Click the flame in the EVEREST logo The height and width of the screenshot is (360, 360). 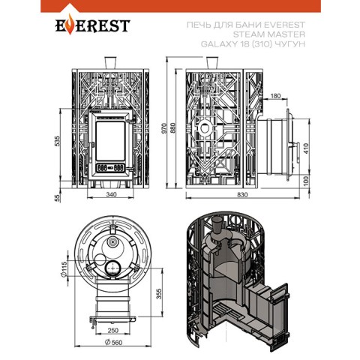[x=70, y=24]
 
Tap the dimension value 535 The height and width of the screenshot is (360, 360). [x=57, y=141]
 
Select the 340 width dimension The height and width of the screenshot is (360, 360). [x=111, y=194]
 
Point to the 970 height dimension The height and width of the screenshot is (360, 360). [x=163, y=128]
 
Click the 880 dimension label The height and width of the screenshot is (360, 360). [x=173, y=128]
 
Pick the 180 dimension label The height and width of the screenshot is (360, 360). [x=275, y=96]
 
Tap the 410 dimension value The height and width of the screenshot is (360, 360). [x=306, y=148]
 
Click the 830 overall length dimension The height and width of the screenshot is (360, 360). [x=242, y=195]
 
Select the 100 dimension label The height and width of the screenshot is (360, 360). [x=306, y=181]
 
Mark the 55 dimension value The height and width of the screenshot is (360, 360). [x=57, y=198]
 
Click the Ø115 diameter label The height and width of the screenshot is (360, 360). [x=64, y=269]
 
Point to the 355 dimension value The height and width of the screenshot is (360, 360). [x=159, y=294]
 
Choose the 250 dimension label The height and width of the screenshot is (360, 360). [x=113, y=331]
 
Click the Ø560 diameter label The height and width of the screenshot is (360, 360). [x=114, y=342]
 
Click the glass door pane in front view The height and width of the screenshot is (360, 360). [x=110, y=141]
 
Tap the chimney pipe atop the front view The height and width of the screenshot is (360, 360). [x=110, y=62]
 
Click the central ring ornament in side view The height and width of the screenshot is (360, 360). [x=205, y=128]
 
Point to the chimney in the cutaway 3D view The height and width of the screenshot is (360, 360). [x=217, y=226]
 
